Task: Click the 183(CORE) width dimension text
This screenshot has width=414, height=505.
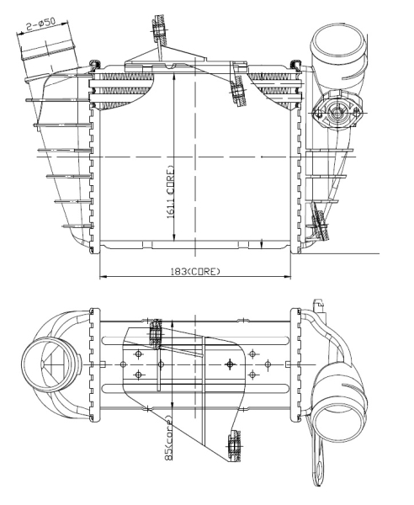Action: coord(195,272)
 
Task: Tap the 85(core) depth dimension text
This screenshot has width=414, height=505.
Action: coord(168,438)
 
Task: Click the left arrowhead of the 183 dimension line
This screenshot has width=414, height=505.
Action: coord(103,276)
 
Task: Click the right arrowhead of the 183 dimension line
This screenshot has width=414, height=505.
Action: coord(287,276)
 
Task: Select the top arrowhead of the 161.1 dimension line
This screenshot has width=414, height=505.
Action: coord(174,77)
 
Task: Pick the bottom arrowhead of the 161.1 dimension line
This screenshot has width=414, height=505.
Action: coord(174,237)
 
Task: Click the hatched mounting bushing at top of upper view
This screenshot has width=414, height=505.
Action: coord(160,29)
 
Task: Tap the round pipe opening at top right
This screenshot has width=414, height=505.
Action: coord(337,43)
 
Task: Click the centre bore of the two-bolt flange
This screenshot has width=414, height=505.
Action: coord(337,113)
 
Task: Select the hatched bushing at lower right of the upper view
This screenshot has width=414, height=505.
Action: coord(320,225)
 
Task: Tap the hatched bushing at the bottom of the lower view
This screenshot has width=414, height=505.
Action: coord(234,446)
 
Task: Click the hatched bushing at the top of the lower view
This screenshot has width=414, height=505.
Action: coord(156,333)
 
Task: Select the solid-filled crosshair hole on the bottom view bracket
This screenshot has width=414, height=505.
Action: coord(230,364)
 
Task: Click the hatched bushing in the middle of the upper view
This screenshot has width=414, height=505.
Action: coord(238,92)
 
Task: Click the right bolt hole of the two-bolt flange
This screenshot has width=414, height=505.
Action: coord(356,113)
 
